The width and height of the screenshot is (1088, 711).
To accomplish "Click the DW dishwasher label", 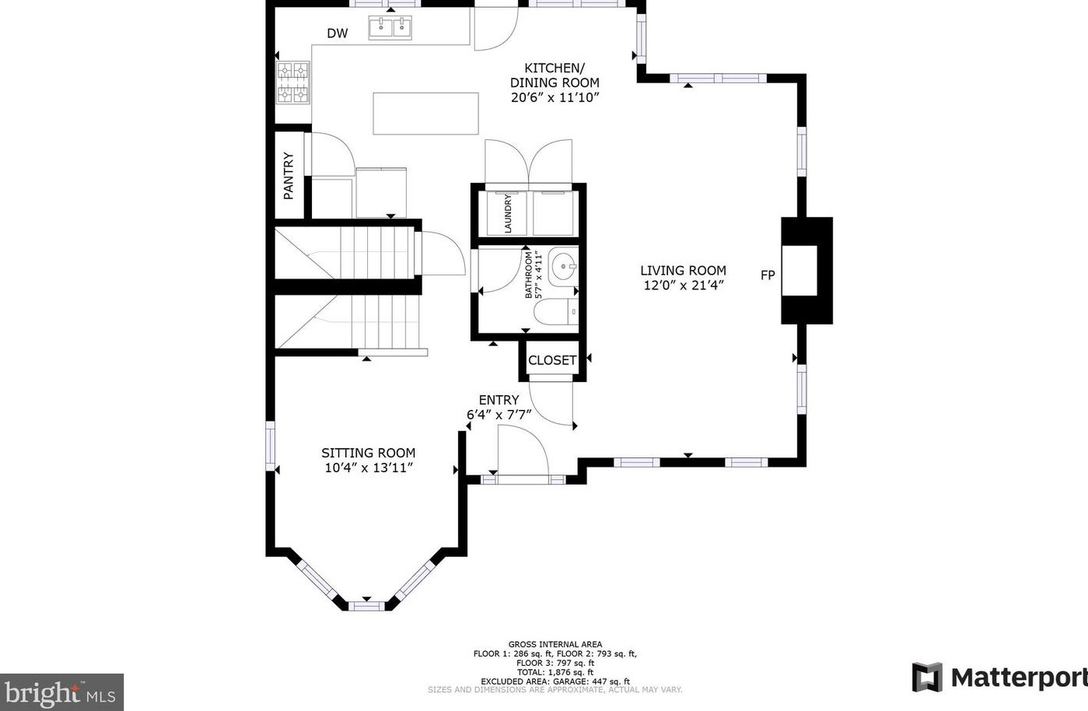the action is (x=338, y=33).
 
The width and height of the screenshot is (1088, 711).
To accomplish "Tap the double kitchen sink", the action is (x=390, y=27).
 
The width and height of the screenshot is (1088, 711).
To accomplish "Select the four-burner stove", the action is (x=293, y=82).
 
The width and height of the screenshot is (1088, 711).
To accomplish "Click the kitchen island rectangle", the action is (x=425, y=114).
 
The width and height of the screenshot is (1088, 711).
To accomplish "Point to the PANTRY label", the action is (x=289, y=176).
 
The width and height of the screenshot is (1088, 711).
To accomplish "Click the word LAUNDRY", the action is (x=508, y=214).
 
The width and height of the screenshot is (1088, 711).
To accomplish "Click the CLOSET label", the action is (x=552, y=361).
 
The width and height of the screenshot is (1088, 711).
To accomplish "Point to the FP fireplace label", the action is (x=768, y=275).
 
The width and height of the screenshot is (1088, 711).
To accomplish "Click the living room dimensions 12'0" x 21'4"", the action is (x=684, y=285).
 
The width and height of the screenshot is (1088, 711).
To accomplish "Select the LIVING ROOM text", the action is (x=684, y=271).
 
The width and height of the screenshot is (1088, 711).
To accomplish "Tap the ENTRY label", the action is (x=499, y=400).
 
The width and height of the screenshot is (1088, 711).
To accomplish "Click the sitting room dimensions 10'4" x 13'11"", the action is (x=369, y=468).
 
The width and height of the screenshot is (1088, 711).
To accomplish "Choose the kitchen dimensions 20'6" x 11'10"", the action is (x=554, y=98).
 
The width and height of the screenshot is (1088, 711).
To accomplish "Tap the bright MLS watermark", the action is (x=61, y=692).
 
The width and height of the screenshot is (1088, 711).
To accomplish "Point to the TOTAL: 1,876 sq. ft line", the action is (x=555, y=672).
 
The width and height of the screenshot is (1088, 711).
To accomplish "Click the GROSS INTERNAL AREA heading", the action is (x=555, y=644).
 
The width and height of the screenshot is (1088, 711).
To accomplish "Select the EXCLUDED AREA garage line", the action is (x=555, y=681).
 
